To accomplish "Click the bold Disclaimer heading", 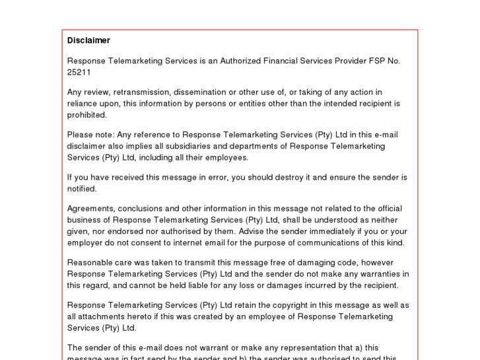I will (x=88, y=40).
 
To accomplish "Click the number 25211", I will (x=79, y=72).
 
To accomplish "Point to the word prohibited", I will (x=86, y=115).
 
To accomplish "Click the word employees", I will (x=226, y=158).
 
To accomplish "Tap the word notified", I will (x=82, y=189).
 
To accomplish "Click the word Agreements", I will (x=91, y=209).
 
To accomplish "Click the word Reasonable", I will (x=90, y=262).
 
